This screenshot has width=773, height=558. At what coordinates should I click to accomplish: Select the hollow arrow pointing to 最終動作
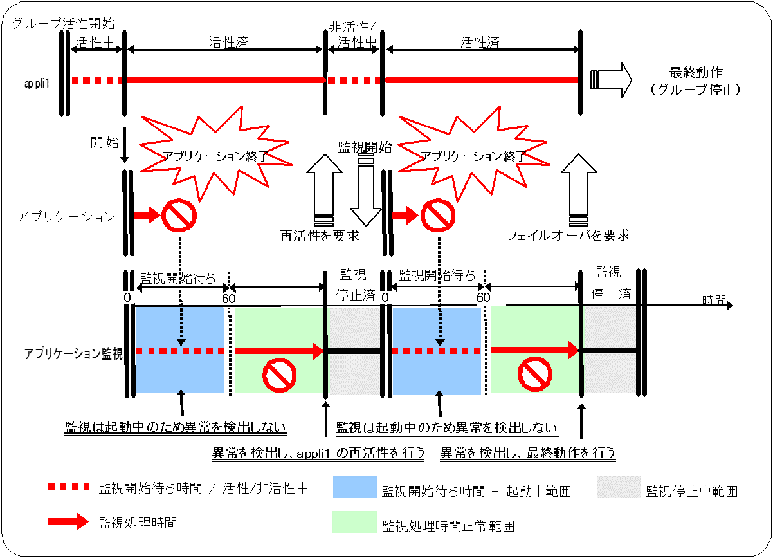click(611, 79)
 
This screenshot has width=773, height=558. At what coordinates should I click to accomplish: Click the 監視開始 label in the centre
click(365, 146)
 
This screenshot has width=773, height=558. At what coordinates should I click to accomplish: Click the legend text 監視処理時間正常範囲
click(448, 526)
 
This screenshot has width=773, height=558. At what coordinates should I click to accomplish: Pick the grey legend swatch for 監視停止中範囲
click(618, 487)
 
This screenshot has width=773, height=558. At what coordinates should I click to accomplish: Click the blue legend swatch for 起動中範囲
click(354, 487)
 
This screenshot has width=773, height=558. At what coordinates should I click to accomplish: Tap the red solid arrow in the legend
click(68, 522)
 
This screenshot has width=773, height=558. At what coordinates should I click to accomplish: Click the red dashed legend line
click(68, 487)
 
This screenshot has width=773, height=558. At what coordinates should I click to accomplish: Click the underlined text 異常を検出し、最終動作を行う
click(527, 453)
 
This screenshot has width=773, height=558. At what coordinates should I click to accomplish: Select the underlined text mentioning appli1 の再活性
click(318, 453)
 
